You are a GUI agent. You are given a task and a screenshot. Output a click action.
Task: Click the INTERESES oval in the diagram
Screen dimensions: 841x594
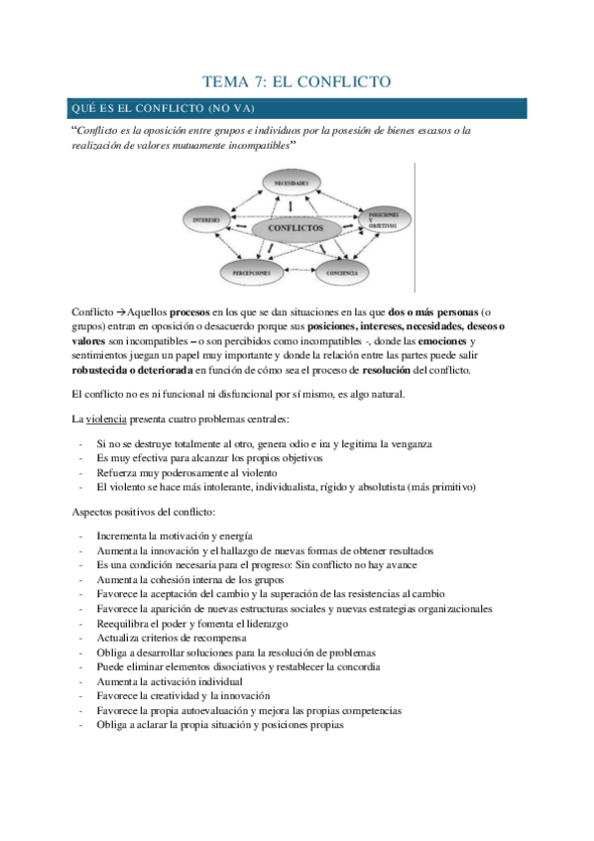pos(207,218)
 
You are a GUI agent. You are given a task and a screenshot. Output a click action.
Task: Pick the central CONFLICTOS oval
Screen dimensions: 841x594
pos(296,228)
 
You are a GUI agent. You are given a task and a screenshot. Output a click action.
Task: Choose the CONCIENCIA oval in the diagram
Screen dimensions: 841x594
pos(341,271)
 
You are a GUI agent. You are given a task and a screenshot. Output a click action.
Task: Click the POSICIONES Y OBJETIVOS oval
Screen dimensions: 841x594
pos(383,218)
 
